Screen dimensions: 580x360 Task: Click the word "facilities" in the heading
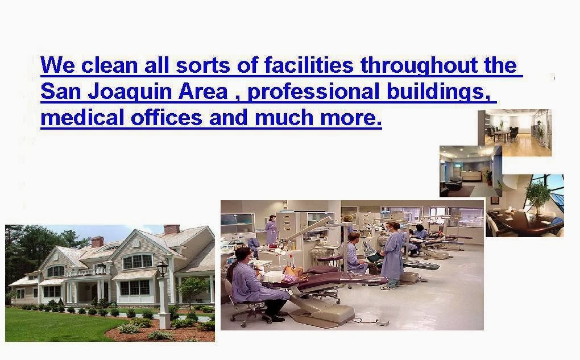tap(309, 65)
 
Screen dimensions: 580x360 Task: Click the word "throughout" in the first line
tap(419, 65)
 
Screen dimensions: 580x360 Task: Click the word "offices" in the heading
tap(167, 118)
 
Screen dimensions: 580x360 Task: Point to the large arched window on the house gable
tap(137, 262)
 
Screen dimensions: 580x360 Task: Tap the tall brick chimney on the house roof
tap(172, 229)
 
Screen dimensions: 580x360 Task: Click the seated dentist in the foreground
tap(256, 283)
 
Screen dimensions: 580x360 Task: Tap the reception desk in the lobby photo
tap(471, 175)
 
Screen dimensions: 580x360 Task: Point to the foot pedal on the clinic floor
tap(383, 322)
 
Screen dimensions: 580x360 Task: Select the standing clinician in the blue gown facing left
tap(392, 255)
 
